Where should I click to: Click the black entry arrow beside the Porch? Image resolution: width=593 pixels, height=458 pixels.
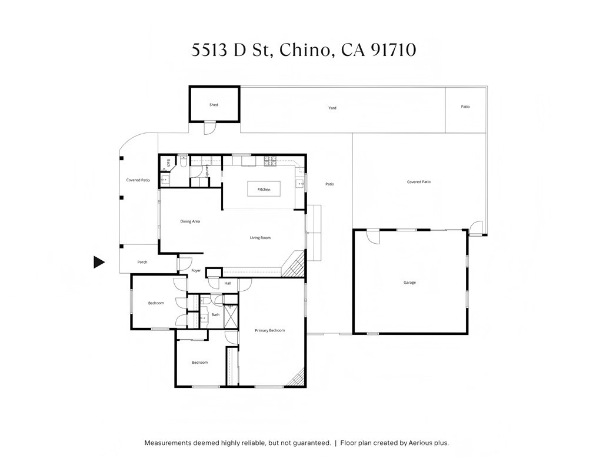pyautogui.click(x=99, y=262)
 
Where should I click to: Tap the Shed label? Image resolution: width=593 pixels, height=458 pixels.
pyautogui.click(x=214, y=105)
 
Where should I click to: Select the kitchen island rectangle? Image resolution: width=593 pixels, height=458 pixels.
pyautogui.click(x=264, y=189)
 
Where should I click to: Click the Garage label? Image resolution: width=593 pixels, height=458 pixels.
pyautogui.click(x=409, y=283)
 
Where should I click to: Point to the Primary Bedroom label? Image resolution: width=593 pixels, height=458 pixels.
pyautogui.click(x=269, y=330)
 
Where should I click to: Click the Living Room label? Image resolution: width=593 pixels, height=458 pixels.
pyautogui.click(x=260, y=238)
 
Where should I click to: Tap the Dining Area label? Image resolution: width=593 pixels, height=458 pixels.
pyautogui.click(x=190, y=221)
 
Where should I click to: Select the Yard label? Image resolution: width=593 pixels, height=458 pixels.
pyautogui.click(x=332, y=108)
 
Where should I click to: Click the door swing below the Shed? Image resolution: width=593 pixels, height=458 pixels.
pyautogui.click(x=209, y=128)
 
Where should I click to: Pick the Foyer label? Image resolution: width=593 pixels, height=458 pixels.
pyautogui.click(x=196, y=271)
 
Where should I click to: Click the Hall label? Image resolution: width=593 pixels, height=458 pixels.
pyautogui.click(x=228, y=283)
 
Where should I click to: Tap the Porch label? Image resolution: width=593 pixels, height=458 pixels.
pyautogui.click(x=142, y=262)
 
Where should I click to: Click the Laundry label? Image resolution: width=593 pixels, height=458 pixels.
pyautogui.click(x=207, y=171)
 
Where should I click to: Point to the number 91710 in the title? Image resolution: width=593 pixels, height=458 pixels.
pyautogui.click(x=393, y=50)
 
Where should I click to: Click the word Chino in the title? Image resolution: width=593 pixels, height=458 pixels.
pyautogui.click(x=304, y=50)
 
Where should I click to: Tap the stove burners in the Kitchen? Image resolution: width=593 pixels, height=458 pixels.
pyautogui.click(x=270, y=161)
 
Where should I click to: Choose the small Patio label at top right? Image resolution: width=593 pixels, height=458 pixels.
pyautogui.click(x=465, y=107)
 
